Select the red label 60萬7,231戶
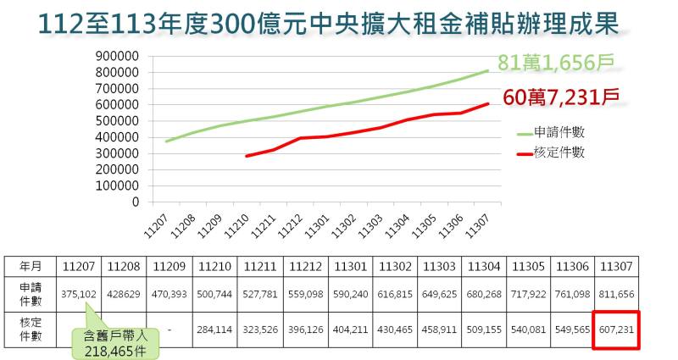pos(559,97)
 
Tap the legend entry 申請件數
pos(559,133)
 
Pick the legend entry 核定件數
pos(559,152)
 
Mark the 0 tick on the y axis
pos(135,202)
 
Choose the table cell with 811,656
pos(617,294)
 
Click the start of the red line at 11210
pos(247,156)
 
